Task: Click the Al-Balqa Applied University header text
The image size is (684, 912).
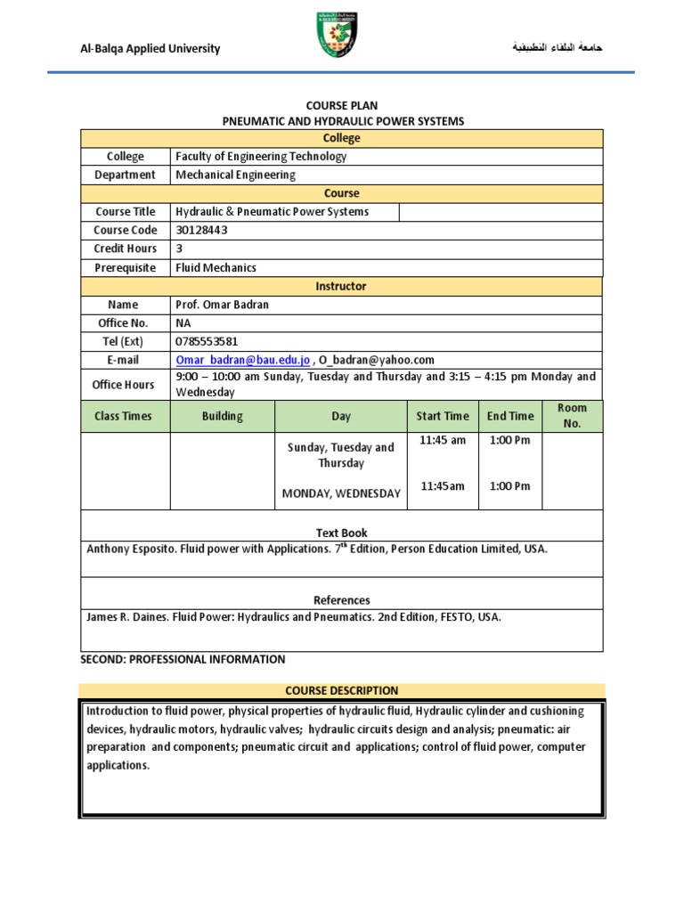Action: point(151,49)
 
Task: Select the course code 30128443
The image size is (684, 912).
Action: point(202,230)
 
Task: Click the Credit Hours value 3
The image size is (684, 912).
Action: point(179,248)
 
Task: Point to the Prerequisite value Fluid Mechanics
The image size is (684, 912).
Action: point(216,267)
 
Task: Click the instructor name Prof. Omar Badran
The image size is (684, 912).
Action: point(222,305)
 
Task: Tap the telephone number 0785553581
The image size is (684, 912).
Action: point(207,341)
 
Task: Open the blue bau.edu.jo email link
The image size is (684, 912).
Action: point(242,360)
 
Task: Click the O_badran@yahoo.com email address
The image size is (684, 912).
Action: point(376,360)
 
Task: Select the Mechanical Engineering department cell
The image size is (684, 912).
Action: point(235,175)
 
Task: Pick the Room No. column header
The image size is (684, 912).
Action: point(572,416)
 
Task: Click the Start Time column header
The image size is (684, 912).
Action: point(443,416)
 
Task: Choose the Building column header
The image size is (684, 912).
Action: point(222,416)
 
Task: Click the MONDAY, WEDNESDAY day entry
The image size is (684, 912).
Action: point(341,493)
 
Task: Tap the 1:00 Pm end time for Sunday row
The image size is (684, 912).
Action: point(509,441)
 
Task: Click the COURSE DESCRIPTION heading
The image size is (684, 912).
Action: point(341,690)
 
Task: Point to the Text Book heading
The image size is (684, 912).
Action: point(342,533)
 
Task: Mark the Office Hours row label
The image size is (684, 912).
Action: point(125,385)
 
